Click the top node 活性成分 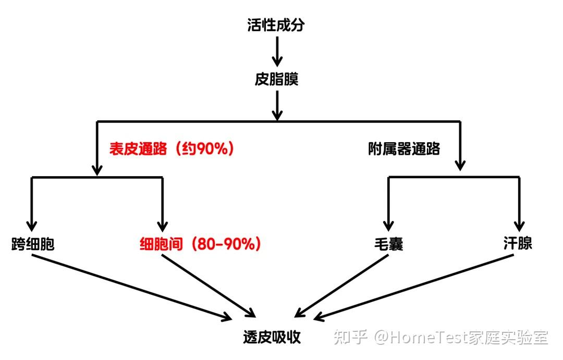[x=276, y=26]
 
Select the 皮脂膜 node [x=276, y=80]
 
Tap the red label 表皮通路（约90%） [x=172, y=149]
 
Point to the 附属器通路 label [x=404, y=149]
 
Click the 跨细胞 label [x=32, y=244]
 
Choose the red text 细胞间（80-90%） [x=200, y=244]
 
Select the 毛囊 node [x=389, y=244]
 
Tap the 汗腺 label [x=518, y=243]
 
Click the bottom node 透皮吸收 [x=272, y=337]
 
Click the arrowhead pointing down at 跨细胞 [x=32, y=225]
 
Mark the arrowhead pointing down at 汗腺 [x=519, y=225]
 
